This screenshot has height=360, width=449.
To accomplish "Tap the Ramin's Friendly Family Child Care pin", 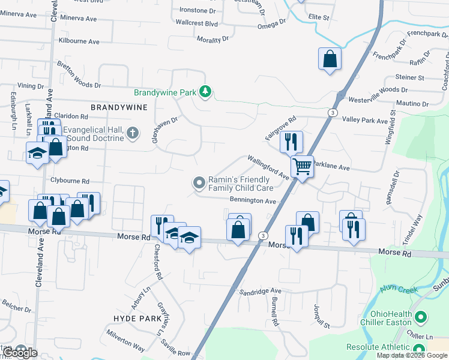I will coord(199,182).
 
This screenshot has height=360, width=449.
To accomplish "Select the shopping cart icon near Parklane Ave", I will coord(302,166).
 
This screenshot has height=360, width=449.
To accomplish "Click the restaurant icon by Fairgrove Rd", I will coord(291,142).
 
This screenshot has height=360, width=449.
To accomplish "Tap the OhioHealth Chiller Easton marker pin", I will coord(421,316).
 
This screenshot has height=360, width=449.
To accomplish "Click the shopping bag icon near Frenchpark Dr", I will coord(330,59).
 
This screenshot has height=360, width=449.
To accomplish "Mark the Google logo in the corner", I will coord(20,353).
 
